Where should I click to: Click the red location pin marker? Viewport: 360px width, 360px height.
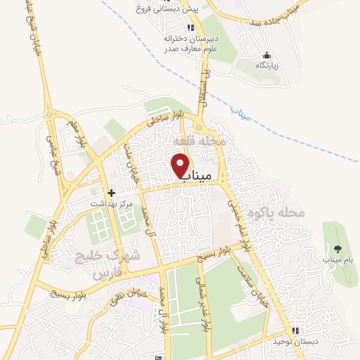pyautogui.click(x=181, y=165)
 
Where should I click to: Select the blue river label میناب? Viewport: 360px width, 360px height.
pyautogui.click(x=240, y=116)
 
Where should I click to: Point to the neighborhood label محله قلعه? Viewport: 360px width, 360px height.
pyautogui.click(x=202, y=141)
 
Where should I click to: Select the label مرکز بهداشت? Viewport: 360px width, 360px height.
pyautogui.click(x=110, y=203)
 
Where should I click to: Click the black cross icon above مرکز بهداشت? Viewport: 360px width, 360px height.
pyautogui.click(x=110, y=192)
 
